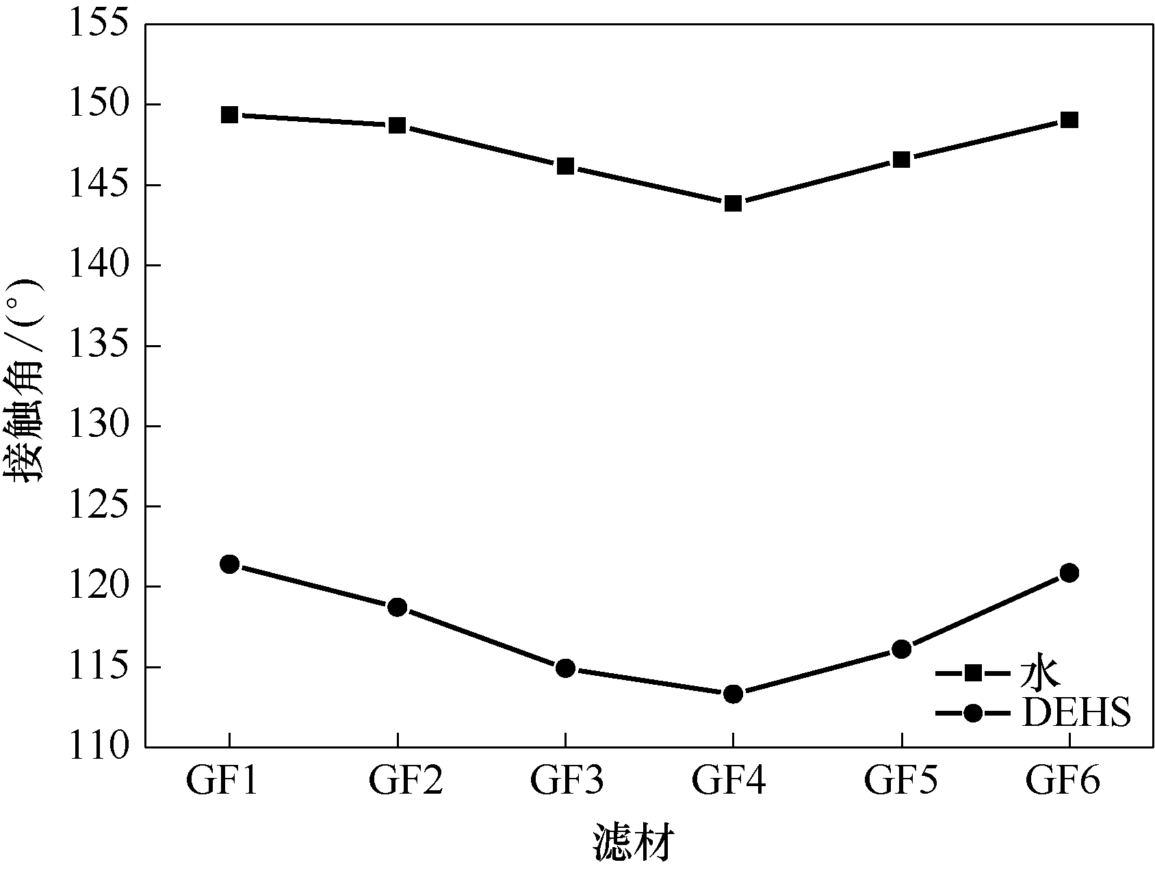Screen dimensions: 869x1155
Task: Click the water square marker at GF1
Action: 229,114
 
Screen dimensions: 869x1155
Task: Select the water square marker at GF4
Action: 733,203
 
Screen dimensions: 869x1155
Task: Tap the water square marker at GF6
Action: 1069,120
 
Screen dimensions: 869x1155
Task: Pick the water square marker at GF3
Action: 565,166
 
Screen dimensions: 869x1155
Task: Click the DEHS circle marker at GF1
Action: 229,564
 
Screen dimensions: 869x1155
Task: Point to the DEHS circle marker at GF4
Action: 733,694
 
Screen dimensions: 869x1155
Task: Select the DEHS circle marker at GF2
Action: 397,607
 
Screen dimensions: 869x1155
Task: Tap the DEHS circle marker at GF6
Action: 1069,572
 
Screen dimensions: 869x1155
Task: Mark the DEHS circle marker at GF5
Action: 901,649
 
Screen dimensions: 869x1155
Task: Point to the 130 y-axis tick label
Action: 99,426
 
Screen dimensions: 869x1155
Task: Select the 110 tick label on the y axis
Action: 99,746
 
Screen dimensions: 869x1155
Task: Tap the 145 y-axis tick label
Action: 99,186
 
